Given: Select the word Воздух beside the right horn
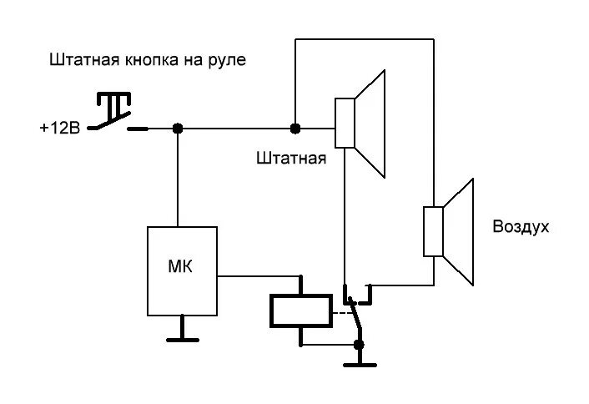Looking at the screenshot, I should (521, 226).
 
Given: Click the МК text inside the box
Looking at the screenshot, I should (180, 267).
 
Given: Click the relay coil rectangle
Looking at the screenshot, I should (300, 311).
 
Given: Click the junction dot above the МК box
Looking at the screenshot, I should (178, 129).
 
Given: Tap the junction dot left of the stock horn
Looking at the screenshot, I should (294, 129).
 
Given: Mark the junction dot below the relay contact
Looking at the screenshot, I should (360, 345).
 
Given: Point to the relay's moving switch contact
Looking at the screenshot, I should (355, 318).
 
